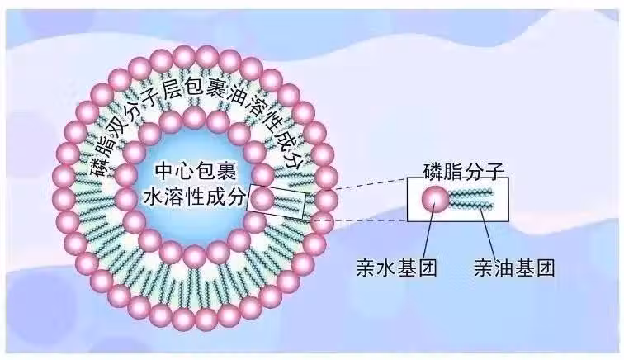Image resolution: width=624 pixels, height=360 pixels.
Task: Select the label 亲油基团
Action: pyautogui.click(x=513, y=268)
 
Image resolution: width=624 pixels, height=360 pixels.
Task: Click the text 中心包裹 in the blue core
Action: pyautogui.click(x=197, y=173)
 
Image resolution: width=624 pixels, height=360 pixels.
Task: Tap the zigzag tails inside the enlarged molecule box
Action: pyautogui.click(x=471, y=199)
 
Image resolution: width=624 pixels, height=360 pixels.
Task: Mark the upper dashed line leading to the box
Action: pyautogui.click(x=355, y=182)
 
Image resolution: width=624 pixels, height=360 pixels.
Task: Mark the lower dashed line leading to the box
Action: pyautogui.click(x=355, y=220)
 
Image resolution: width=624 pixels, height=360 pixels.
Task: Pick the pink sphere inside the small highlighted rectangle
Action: pyautogui.click(x=262, y=198)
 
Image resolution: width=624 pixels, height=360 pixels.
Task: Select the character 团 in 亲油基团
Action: pyautogui.click(x=543, y=268)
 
